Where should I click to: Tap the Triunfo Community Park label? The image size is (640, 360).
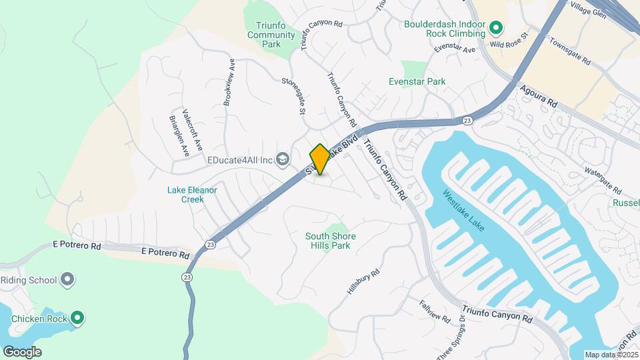point(271,35)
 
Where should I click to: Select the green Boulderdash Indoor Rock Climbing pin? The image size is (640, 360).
point(495,28)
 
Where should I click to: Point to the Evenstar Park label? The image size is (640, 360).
point(417,81)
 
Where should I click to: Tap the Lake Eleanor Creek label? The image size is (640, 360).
point(192,194)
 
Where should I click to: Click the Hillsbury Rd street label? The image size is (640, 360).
point(363,282)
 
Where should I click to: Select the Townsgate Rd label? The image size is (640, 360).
point(570,51)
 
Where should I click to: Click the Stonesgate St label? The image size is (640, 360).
point(293,97)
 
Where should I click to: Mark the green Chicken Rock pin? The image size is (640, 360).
point(77,318)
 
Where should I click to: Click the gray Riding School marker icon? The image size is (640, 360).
point(67,279)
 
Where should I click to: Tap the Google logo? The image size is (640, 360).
point(22,352)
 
